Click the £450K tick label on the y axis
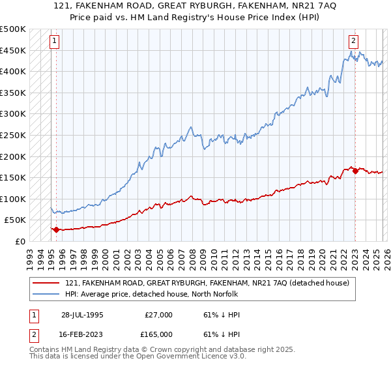coord(12,50)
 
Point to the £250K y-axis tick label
coord(12,135)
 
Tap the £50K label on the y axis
coord(15,220)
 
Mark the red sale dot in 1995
coord(56,229)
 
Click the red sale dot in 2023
coord(355,171)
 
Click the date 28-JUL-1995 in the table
coord(82,315)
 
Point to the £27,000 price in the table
coord(158,315)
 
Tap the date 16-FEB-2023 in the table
coord(82,334)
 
